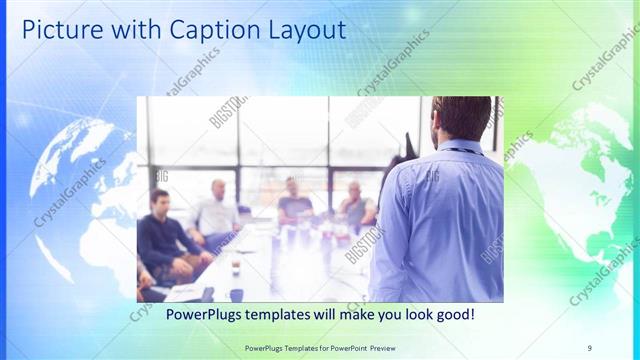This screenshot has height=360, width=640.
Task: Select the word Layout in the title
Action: [x=302, y=30]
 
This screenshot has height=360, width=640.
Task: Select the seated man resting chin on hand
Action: [x=354, y=205]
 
